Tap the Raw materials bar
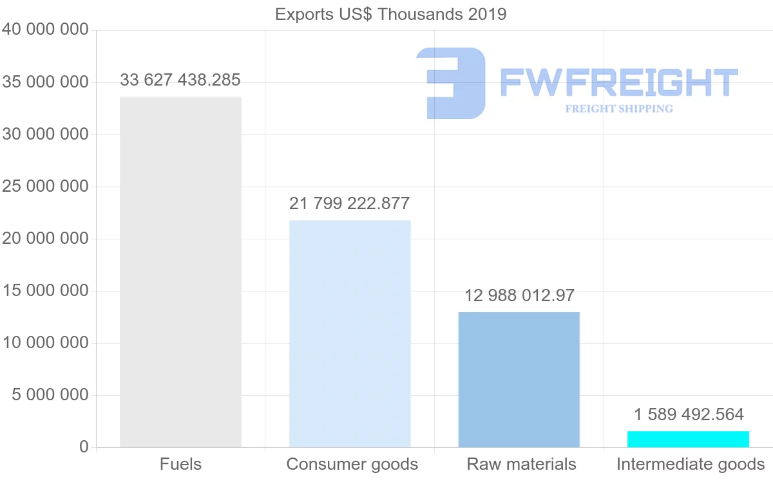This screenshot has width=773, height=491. pyautogui.click(x=519, y=380)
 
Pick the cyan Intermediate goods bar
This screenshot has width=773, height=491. pyautogui.click(x=688, y=439)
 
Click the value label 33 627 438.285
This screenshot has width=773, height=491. pyautogui.click(x=180, y=80)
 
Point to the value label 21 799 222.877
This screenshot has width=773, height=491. pyautogui.click(x=350, y=204)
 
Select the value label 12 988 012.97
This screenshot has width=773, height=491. pyautogui.click(x=519, y=296)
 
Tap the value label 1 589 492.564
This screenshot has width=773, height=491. pyautogui.click(x=689, y=414)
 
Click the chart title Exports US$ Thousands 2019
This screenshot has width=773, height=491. pyautogui.click(x=391, y=14)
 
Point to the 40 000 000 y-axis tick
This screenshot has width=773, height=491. pyautogui.click(x=45, y=30)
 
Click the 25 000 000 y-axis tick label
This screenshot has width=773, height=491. pyautogui.click(x=45, y=187)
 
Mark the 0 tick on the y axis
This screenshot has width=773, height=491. pyautogui.click(x=84, y=447)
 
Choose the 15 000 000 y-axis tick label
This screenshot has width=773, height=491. pyautogui.click(x=45, y=291)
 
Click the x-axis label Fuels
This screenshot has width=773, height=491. pyautogui.click(x=180, y=464)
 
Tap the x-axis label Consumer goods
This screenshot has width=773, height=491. pyautogui.click(x=352, y=464)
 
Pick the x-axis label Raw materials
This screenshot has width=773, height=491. pyautogui.click(x=522, y=464)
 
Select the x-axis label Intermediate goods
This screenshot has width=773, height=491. pyautogui.click(x=691, y=464)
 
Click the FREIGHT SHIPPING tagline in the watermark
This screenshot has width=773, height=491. pyautogui.click(x=619, y=109)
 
